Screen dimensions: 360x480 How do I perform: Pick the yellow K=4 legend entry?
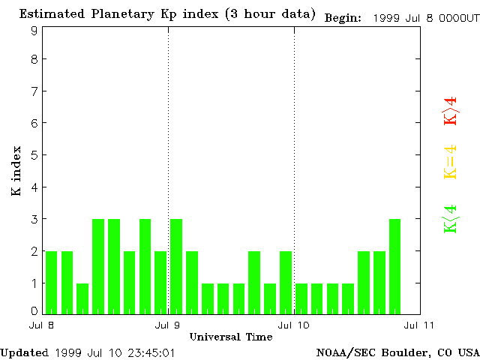tap(450, 162)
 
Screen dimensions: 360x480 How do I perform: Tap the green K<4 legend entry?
tap(450, 219)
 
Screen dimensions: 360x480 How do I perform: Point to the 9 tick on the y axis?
tap(34, 31)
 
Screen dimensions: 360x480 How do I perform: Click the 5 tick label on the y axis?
tap(34, 155)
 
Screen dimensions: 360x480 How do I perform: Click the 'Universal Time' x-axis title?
tap(231, 337)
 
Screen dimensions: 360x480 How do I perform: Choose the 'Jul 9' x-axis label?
tap(168, 325)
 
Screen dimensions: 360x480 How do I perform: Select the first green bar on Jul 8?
tap(51, 282)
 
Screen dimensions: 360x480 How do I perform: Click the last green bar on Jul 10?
tap(394, 266)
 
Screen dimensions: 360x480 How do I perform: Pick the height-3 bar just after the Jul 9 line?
tap(176, 266)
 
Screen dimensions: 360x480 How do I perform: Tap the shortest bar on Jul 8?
tap(82, 298)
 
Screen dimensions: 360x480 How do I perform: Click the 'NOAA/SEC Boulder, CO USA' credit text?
tap(397, 352)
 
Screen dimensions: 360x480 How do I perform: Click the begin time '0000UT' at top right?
tap(458, 17)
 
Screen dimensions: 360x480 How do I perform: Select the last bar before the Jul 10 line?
tap(286, 282)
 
